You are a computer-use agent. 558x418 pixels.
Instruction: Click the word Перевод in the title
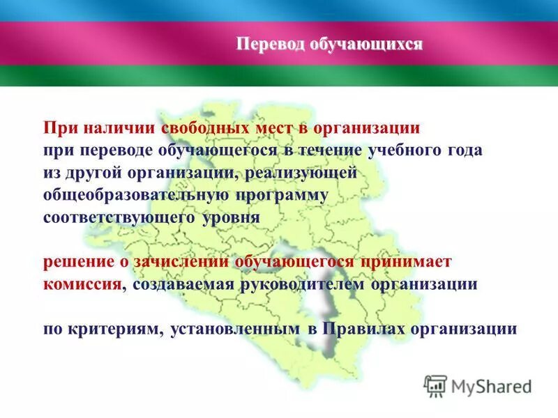tap(267, 45)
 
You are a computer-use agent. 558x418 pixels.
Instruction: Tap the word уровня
tap(223, 216)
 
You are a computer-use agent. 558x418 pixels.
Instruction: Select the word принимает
tap(406, 263)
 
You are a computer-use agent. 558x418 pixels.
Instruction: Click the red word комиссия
tap(81, 284)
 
